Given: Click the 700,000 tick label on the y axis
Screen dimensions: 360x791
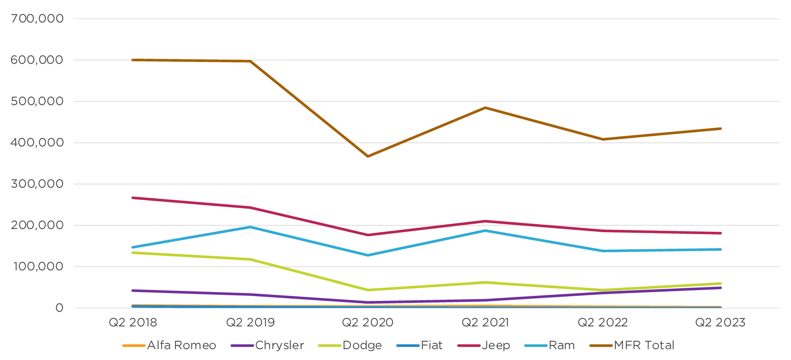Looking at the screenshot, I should click(37, 19).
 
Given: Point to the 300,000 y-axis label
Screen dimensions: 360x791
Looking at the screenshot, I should click(37, 184).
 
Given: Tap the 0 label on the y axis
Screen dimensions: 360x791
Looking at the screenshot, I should click(59, 308).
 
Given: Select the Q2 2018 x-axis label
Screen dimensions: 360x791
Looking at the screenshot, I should click(133, 323).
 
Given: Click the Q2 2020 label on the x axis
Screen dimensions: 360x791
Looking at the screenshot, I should click(368, 323).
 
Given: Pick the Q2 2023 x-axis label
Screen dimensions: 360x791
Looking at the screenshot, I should click(720, 323).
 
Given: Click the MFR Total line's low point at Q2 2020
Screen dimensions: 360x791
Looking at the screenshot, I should click(368, 156).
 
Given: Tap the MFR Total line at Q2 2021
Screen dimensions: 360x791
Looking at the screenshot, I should click(485, 108).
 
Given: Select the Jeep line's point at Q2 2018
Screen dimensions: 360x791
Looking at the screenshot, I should click(133, 198).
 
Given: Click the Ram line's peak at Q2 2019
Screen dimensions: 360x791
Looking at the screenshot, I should click(250, 227).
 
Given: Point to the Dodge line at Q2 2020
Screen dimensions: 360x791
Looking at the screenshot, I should click(368, 290).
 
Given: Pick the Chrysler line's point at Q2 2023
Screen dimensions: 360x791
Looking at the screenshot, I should click(720, 288).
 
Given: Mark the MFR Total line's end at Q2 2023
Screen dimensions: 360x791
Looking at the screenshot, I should click(720, 129).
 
